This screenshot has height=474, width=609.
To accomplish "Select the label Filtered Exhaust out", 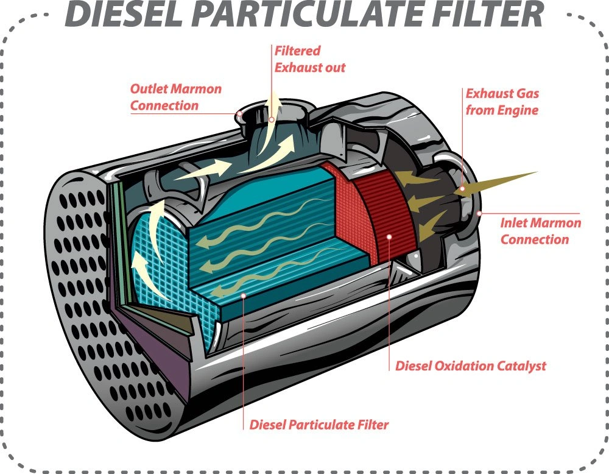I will click(x=309, y=59).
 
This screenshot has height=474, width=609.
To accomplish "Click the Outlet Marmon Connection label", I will click(x=175, y=97).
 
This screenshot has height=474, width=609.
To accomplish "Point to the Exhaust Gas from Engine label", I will click(x=502, y=102).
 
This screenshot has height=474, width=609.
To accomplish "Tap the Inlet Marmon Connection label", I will click(x=540, y=231).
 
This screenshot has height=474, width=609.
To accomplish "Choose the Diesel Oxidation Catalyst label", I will click(x=470, y=366).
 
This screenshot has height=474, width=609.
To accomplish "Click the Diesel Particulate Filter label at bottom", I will click(x=319, y=425).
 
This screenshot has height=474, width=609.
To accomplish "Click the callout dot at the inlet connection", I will click(x=479, y=213).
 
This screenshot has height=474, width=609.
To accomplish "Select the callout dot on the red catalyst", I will click(x=389, y=235).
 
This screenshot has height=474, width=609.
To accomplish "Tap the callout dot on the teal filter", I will click(x=244, y=296).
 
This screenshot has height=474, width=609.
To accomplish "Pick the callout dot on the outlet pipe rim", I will click(x=241, y=113).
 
